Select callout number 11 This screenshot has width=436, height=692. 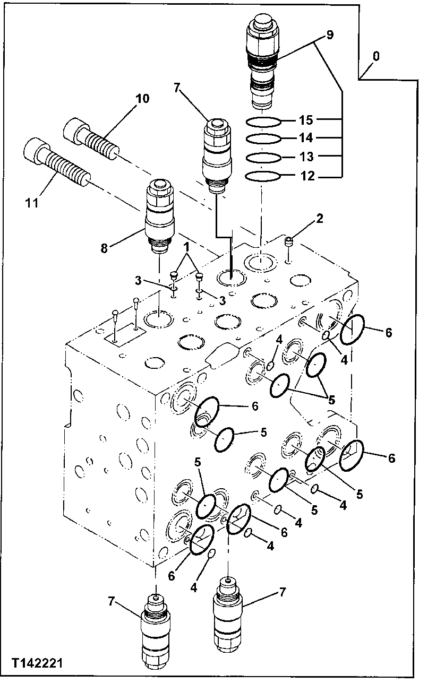pyautogui.click(x=32, y=202)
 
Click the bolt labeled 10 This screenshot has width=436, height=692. pyautogui.click(x=90, y=136)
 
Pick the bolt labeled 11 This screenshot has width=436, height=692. pyautogui.click(x=56, y=162)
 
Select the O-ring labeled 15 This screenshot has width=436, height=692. pyautogui.click(x=263, y=122)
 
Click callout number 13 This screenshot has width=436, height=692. pyautogui.click(x=307, y=157)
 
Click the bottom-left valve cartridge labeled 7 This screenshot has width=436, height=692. pyautogui.click(x=156, y=632)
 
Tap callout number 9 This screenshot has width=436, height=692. pyautogui.click(x=329, y=35)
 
